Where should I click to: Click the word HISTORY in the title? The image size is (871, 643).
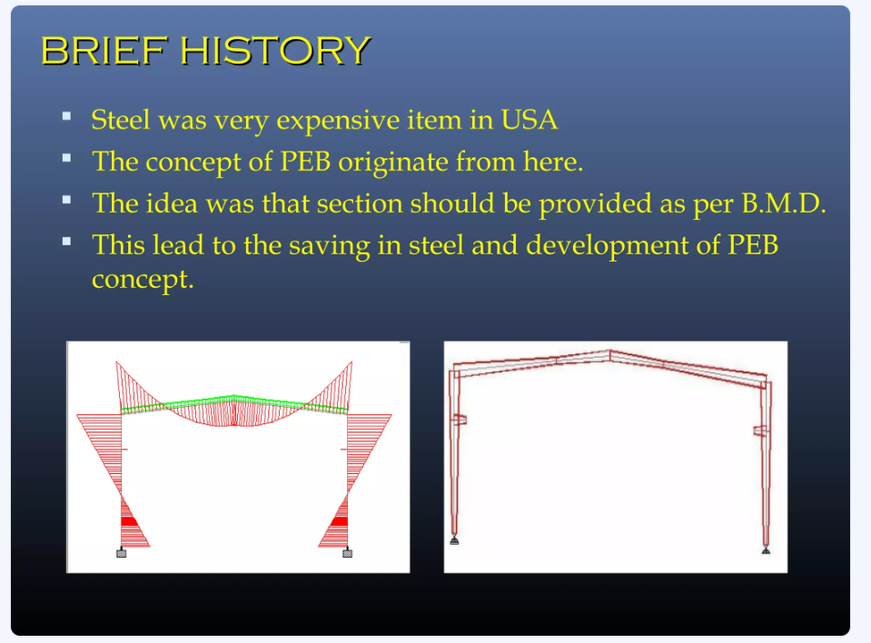tap(275, 51)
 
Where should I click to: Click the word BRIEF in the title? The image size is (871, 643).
tap(104, 51)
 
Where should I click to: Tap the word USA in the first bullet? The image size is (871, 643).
tap(529, 119)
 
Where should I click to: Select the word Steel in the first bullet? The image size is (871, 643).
tap(121, 119)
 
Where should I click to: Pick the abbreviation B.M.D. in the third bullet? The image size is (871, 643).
tap(783, 203)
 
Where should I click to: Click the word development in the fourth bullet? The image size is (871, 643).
tap(607, 246)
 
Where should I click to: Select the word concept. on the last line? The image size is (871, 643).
tap(143, 280)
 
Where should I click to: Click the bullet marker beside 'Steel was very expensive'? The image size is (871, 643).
tap(66, 116)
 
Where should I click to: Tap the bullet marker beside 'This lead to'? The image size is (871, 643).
tap(66, 242)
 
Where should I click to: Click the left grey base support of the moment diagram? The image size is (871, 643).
tap(121, 553)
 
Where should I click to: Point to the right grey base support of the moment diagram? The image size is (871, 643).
tap(347, 553)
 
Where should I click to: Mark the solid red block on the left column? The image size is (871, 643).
tap(128, 521)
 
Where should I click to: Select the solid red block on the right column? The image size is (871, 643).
tap(340, 521)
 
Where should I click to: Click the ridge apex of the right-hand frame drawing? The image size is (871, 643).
tap(610, 351)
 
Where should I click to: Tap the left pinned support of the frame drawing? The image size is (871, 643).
tap(454, 540)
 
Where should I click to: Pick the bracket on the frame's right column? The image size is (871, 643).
tap(760, 430)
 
